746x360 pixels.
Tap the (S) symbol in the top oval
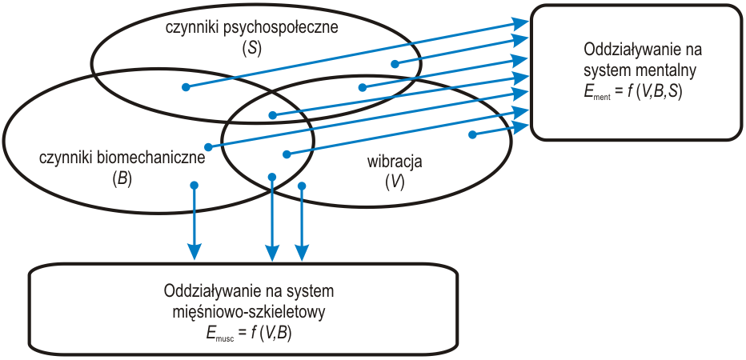tap(251, 49)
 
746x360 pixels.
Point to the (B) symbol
tap(122, 178)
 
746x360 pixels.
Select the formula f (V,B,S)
tap(653, 91)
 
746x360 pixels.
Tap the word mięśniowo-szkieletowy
tap(248, 309)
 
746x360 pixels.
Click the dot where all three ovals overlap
tap(273, 115)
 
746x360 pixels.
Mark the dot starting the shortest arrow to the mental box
tap(472, 134)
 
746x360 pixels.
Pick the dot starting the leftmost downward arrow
tap(194, 185)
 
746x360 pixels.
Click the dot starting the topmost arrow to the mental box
tap(185, 87)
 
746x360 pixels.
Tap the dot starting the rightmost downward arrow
tap(302, 186)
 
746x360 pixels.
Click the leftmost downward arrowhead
tap(194, 254)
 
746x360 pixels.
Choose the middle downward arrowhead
tap(273, 254)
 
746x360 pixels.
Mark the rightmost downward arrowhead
tap(302, 254)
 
